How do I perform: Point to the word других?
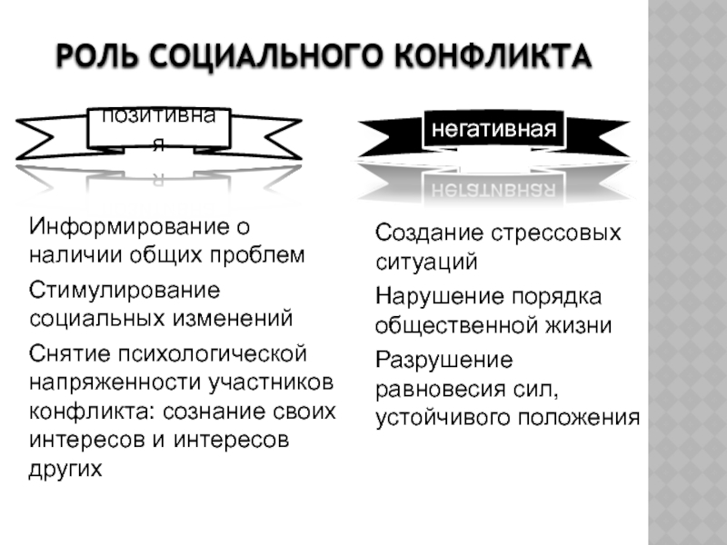pos(66,469)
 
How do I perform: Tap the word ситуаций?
pos(426,263)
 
